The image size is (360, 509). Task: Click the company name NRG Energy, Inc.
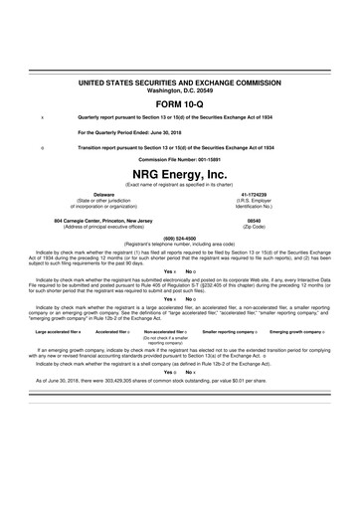[180, 173]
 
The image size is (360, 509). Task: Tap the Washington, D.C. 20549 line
[180, 88]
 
